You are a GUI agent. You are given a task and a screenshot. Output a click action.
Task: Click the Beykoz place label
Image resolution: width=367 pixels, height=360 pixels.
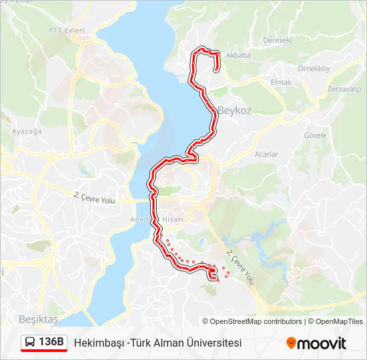click(234, 111)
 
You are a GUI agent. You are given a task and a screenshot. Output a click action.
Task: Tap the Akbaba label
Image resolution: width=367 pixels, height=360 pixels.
click(238, 55)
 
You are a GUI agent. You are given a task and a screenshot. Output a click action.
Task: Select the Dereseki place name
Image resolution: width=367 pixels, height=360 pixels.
click(278, 40)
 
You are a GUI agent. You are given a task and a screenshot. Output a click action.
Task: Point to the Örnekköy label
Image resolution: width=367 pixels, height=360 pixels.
click(314, 69)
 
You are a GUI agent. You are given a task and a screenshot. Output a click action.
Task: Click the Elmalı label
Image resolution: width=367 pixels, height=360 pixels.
click(280, 82)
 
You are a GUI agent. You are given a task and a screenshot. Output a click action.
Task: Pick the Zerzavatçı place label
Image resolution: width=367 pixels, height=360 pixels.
click(345, 89)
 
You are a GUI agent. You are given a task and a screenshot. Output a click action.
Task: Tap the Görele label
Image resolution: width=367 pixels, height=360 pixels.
click(315, 135)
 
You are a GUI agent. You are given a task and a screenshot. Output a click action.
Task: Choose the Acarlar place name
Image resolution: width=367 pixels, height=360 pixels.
click(266, 154)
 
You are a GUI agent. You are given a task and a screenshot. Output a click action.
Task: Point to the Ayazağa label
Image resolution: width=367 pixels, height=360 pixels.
click(27, 131)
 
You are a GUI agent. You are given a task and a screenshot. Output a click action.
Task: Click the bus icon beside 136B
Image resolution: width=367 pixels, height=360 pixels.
click(30, 343)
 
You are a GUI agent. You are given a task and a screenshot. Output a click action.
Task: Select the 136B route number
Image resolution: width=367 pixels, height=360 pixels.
click(51, 343)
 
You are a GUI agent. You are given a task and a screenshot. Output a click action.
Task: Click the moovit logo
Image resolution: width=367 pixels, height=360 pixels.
click(316, 343)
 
